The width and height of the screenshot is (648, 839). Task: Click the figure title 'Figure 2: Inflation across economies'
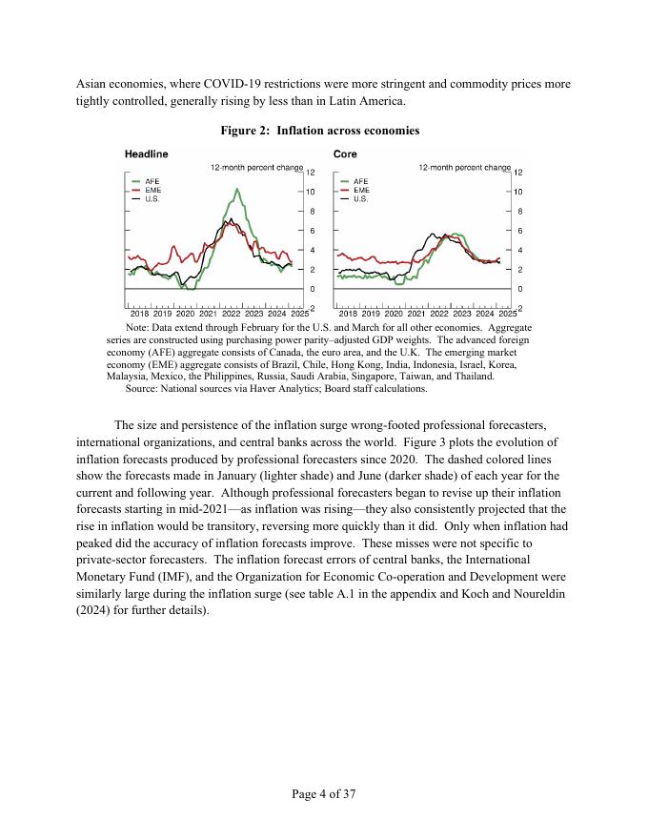click(x=324, y=130)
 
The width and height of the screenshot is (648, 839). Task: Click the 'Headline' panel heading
click(x=146, y=153)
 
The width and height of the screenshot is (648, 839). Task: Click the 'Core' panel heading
click(x=345, y=153)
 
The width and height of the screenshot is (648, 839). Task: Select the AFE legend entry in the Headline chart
click(x=152, y=181)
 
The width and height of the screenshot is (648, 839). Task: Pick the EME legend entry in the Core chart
click(x=361, y=190)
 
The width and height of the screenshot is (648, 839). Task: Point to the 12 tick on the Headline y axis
click(x=310, y=173)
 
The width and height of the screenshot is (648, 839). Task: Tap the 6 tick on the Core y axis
click(x=517, y=231)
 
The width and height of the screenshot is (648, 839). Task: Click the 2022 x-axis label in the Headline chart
click(x=232, y=313)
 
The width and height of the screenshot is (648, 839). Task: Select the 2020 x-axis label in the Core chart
click(x=394, y=313)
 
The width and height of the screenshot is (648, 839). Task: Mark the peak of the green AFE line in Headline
click(x=236, y=189)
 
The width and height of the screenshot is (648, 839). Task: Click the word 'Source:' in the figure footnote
click(x=142, y=389)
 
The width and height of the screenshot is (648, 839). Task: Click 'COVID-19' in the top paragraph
click(x=239, y=83)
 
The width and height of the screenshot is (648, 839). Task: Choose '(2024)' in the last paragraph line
click(x=95, y=610)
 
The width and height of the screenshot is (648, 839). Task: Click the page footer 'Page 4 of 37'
click(x=324, y=793)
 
